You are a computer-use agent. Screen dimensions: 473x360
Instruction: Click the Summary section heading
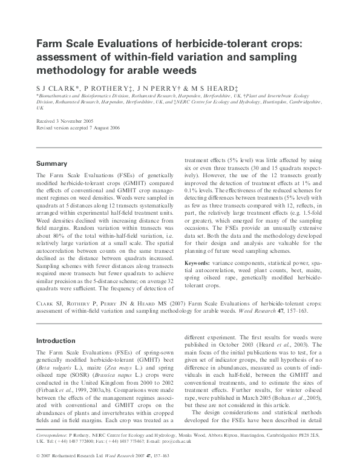pos(51,163)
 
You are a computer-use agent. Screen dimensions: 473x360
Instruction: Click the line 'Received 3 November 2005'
pos(64,122)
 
